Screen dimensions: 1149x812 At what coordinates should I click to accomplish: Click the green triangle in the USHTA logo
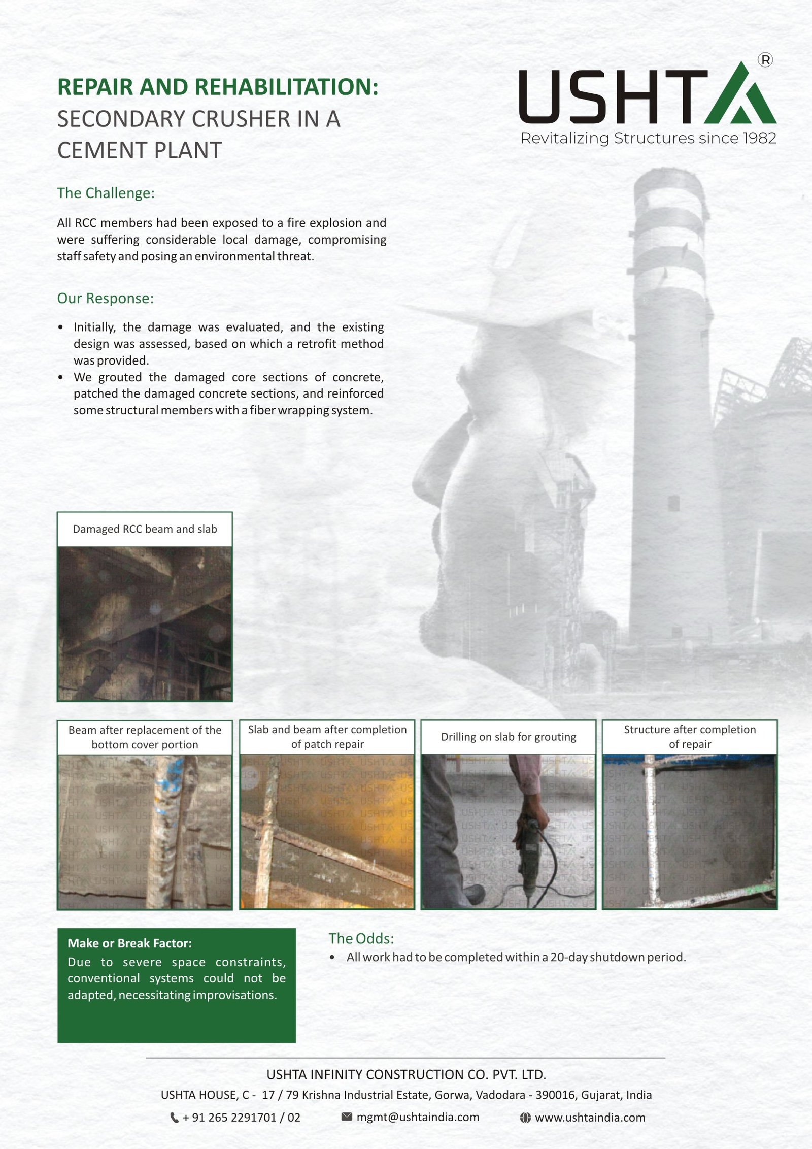point(740,96)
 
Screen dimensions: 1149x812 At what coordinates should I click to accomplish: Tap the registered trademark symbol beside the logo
point(765,60)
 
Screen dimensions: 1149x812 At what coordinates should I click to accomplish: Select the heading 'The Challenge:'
point(106,193)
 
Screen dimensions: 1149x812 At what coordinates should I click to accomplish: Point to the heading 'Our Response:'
point(105,299)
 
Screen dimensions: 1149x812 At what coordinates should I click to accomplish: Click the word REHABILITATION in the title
point(287,87)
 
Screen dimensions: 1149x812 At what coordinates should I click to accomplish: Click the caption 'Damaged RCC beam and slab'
point(145,529)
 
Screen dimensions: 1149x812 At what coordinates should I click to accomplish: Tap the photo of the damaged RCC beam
point(145,623)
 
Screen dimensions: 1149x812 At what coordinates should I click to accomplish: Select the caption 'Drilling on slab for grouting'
point(509,737)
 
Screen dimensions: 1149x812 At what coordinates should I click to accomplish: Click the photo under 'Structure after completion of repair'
point(690,831)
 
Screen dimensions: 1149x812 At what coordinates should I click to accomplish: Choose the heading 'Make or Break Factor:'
point(129,943)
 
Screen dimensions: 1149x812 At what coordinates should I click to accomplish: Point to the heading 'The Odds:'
point(361,938)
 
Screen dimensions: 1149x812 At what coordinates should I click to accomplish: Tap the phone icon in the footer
point(174,1118)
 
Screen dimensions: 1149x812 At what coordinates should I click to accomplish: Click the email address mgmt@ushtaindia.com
point(418,1117)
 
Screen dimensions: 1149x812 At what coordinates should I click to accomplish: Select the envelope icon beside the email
point(347,1117)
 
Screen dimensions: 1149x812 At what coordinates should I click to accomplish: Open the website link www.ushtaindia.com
point(590,1118)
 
